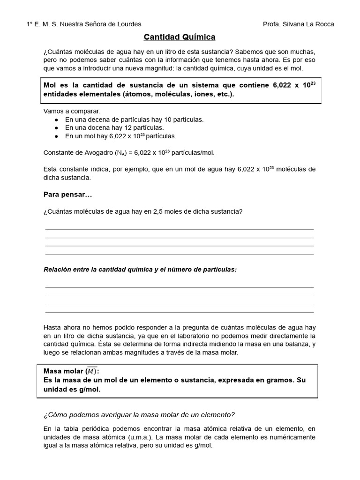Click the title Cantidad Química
(180, 37)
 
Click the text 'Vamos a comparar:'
(69, 111)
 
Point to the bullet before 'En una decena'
(57, 120)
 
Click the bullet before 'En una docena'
(57, 128)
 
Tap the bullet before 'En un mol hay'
(57, 136)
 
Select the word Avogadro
(92, 153)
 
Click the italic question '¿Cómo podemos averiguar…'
(139, 414)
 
